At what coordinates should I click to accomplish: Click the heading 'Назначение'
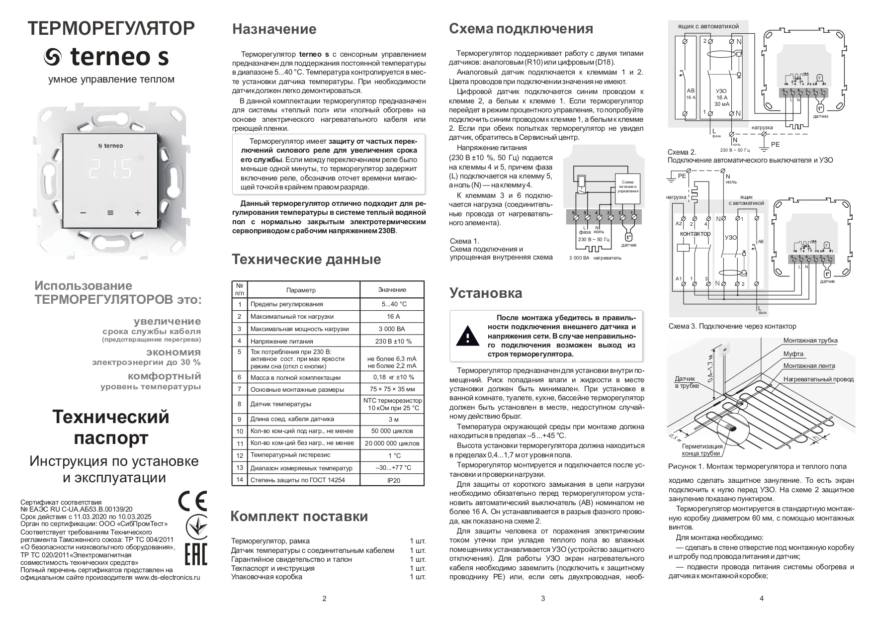tap(274, 29)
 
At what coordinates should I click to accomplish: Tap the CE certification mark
tap(192, 501)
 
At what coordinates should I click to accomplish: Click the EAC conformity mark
tap(195, 554)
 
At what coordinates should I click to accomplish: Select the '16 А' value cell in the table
tap(392, 316)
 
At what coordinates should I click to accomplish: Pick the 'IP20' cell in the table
tap(392, 480)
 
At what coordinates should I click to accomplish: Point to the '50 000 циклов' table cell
tap(392, 431)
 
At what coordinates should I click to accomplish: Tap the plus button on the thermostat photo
tap(138, 213)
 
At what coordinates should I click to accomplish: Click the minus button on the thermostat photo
tap(83, 213)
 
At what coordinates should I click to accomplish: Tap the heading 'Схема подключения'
tap(521, 29)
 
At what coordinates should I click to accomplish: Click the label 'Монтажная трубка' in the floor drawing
tap(810, 341)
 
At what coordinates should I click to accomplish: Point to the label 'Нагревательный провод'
tap(818, 379)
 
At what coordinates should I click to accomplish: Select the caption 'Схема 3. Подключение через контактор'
tap(732, 326)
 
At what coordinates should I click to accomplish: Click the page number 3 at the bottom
tap(542, 599)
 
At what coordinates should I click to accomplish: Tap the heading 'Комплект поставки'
tap(299, 516)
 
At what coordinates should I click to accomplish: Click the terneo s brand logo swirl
tap(52, 58)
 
